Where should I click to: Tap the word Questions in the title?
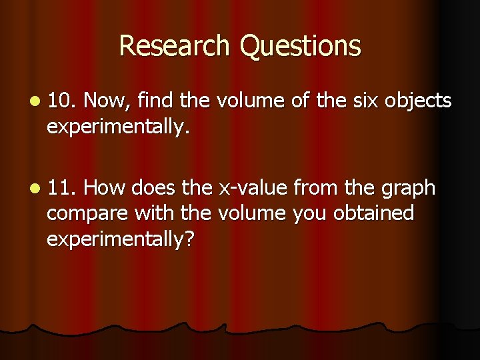click(x=300, y=46)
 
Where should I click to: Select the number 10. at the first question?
click(x=63, y=101)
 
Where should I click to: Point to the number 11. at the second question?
click(x=63, y=189)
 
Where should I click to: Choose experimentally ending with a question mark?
click(x=121, y=239)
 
